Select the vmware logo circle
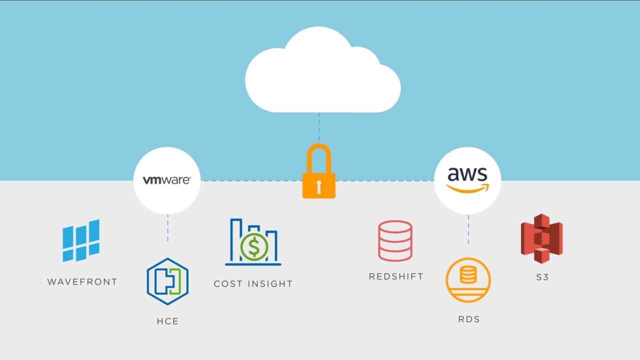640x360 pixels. coord(167,180)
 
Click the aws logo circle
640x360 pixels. coord(467,180)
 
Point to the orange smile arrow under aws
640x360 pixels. coord(467,188)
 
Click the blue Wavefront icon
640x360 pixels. coord(81,240)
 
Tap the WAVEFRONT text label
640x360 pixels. coord(82,282)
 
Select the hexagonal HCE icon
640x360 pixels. coord(167,281)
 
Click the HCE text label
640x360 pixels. coord(167,321)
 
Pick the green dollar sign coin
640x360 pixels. coord(254,246)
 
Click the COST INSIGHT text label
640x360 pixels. coord(253,284)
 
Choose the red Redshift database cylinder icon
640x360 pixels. coord(395,241)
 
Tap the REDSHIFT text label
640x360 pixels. coord(396,276)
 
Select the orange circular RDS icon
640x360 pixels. coord(468,280)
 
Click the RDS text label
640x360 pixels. coord(469,319)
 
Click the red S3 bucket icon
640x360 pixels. coord(542,238)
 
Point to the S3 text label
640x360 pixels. coord(542,277)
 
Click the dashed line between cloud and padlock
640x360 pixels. coord(319,127)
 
